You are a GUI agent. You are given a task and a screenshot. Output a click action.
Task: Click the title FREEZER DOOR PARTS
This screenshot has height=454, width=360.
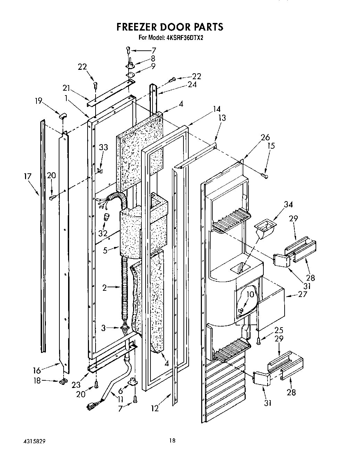pyautogui.click(x=170, y=27)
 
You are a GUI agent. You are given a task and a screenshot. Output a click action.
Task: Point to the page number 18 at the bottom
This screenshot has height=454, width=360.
pyautogui.click(x=172, y=441)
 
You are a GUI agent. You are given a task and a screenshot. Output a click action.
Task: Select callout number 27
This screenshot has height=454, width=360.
pyautogui.click(x=293, y=295)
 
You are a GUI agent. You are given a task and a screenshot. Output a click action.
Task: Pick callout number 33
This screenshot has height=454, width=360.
pyautogui.click(x=104, y=147)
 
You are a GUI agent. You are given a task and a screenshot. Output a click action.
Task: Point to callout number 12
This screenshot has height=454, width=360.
pyautogui.click(x=155, y=408)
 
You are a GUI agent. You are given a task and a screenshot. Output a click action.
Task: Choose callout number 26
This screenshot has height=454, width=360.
pyautogui.click(x=265, y=137)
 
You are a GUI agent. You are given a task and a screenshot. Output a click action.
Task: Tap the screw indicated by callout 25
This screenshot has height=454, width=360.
pyautogui.click(x=259, y=342)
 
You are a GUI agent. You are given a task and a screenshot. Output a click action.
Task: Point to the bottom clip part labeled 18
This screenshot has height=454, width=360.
pyautogui.click(x=63, y=382)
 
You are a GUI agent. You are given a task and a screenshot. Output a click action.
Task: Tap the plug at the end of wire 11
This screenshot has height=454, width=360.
pyautogui.click(x=92, y=405)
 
